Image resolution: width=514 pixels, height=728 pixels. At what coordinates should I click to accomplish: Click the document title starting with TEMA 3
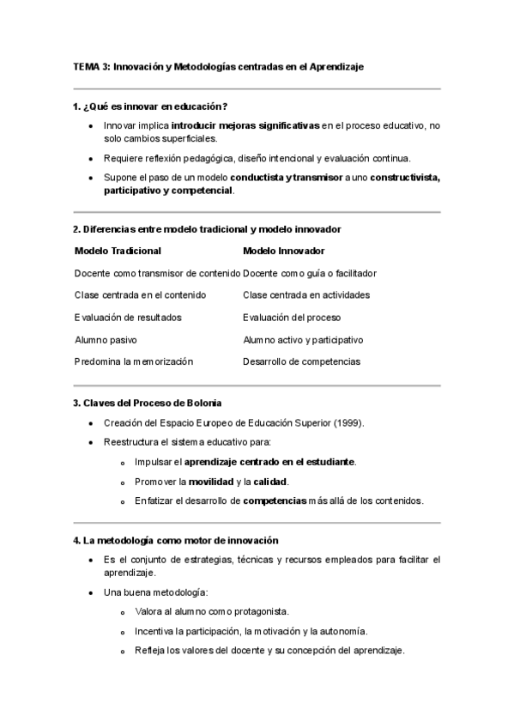219,67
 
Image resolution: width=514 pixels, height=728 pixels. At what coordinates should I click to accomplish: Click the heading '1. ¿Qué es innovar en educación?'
150,106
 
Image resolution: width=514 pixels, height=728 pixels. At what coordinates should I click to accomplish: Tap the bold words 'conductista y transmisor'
286,178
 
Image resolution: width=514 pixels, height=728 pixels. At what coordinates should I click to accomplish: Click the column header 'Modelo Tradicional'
118,251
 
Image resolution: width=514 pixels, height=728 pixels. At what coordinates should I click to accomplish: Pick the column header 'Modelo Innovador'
284,251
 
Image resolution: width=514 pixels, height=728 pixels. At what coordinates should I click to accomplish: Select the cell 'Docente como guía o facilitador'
310,273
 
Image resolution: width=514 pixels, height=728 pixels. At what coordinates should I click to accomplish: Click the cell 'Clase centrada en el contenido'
140,295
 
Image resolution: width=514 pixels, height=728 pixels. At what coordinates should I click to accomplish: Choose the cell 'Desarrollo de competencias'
301,361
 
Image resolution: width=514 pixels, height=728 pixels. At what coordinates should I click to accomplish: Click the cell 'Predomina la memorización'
133,361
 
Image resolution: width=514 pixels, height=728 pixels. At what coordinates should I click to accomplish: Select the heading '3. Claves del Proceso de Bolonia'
147,403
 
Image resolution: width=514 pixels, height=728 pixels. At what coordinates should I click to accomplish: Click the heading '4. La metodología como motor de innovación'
176,541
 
